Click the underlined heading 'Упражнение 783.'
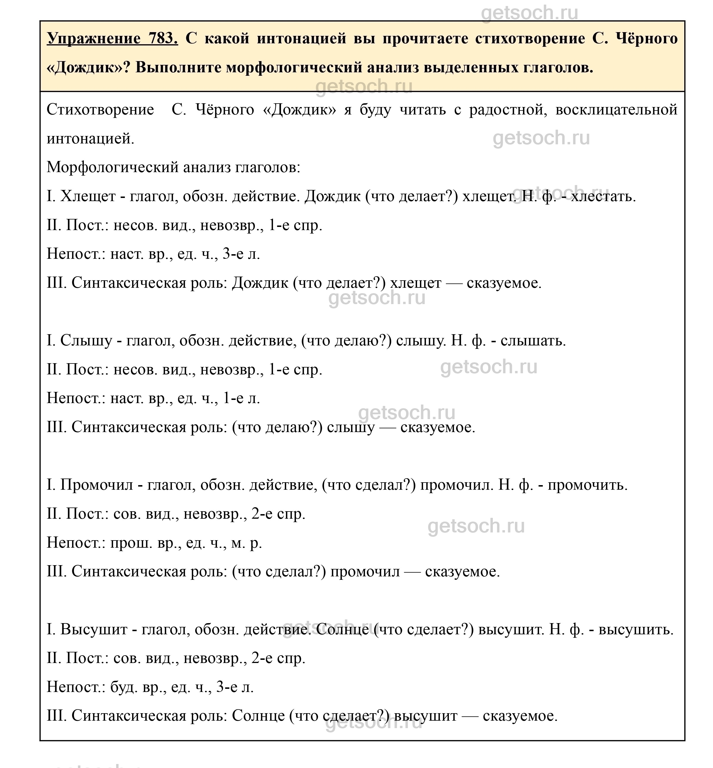[112, 38]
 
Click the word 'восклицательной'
[616, 110]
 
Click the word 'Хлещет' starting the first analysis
[88, 197]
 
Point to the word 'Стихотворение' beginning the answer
[100, 110]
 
